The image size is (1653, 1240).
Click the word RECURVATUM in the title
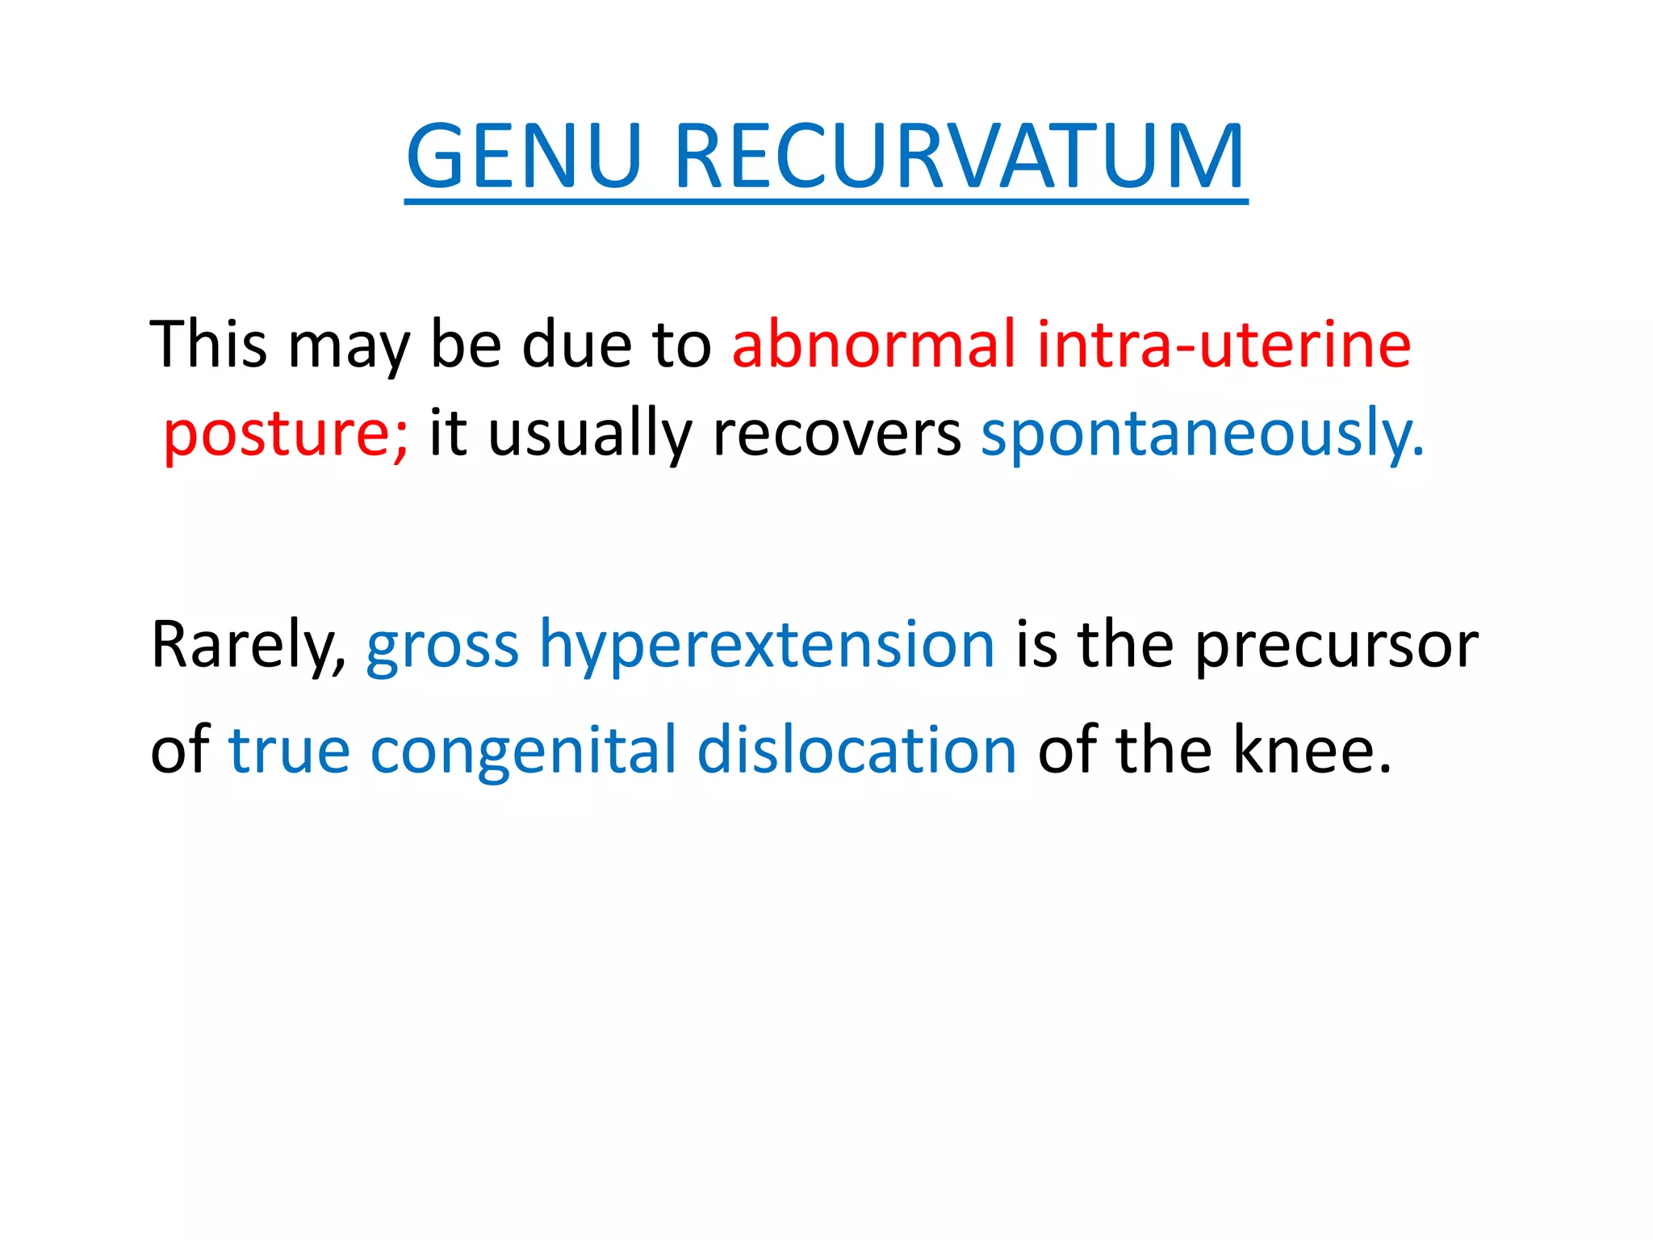point(959,157)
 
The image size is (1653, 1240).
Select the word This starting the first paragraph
point(208,345)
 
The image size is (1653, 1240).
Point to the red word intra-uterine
point(1224,345)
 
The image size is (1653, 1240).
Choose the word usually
point(590,434)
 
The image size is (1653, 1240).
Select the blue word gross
point(442,646)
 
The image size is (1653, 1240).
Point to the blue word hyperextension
point(767,646)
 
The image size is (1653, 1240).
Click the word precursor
point(1336,646)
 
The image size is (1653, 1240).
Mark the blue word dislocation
point(856,751)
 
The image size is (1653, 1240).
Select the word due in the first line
point(576,345)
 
